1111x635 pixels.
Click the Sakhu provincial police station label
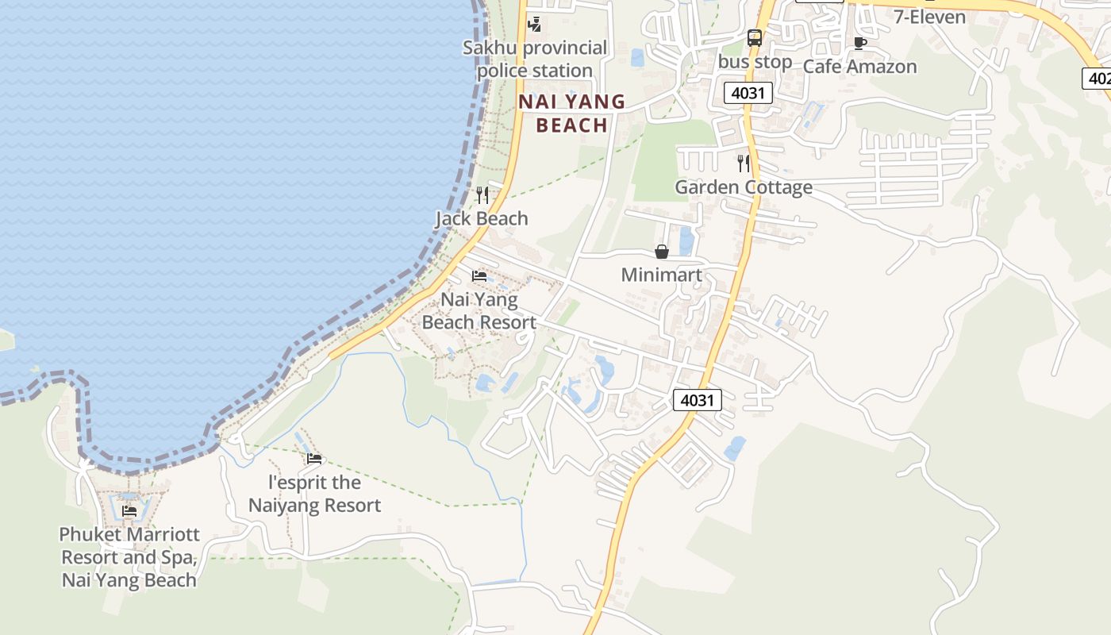534,60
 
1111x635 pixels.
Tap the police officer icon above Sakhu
535,25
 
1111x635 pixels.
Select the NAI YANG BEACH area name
571,114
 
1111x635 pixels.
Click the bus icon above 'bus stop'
754,37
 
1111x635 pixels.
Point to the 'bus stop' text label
755,62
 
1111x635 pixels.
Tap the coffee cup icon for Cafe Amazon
859,43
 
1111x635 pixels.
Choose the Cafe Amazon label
859,67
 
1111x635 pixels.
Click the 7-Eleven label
929,17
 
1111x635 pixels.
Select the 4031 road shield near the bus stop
748,93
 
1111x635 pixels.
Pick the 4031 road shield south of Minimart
698,400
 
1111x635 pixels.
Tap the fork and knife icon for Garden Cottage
744,164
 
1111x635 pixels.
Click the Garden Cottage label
744,187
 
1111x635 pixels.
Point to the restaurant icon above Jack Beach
482,195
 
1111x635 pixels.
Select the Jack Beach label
482,218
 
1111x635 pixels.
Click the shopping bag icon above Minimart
661,252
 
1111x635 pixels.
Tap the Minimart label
661,275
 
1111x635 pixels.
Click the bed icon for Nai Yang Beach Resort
479,276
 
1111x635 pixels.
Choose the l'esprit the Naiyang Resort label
315,494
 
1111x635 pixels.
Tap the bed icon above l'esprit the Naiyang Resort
314,458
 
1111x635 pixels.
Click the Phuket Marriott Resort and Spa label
129,557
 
